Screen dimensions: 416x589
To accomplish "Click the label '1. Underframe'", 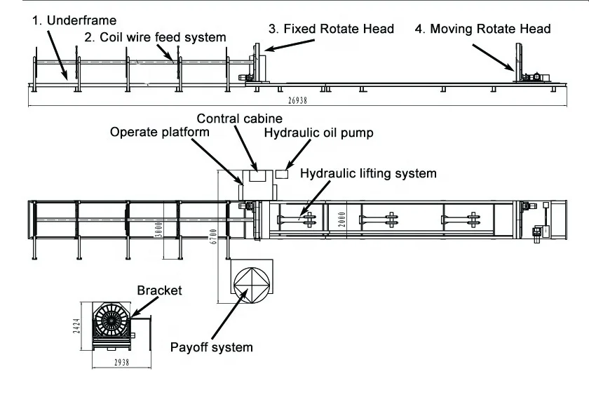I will point(74,20).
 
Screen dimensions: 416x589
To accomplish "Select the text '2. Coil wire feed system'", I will point(155,36).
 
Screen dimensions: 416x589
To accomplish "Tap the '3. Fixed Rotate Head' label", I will point(331,29).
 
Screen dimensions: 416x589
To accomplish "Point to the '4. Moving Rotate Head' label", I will point(482,29).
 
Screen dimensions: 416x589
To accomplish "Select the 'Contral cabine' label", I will point(239,119).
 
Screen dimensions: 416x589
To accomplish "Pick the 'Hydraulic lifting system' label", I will point(368,173).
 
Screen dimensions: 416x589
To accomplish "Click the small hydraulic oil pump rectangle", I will point(283,173).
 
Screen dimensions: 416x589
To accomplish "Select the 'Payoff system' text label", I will point(212,347).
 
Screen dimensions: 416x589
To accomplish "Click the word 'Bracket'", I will point(159,290).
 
